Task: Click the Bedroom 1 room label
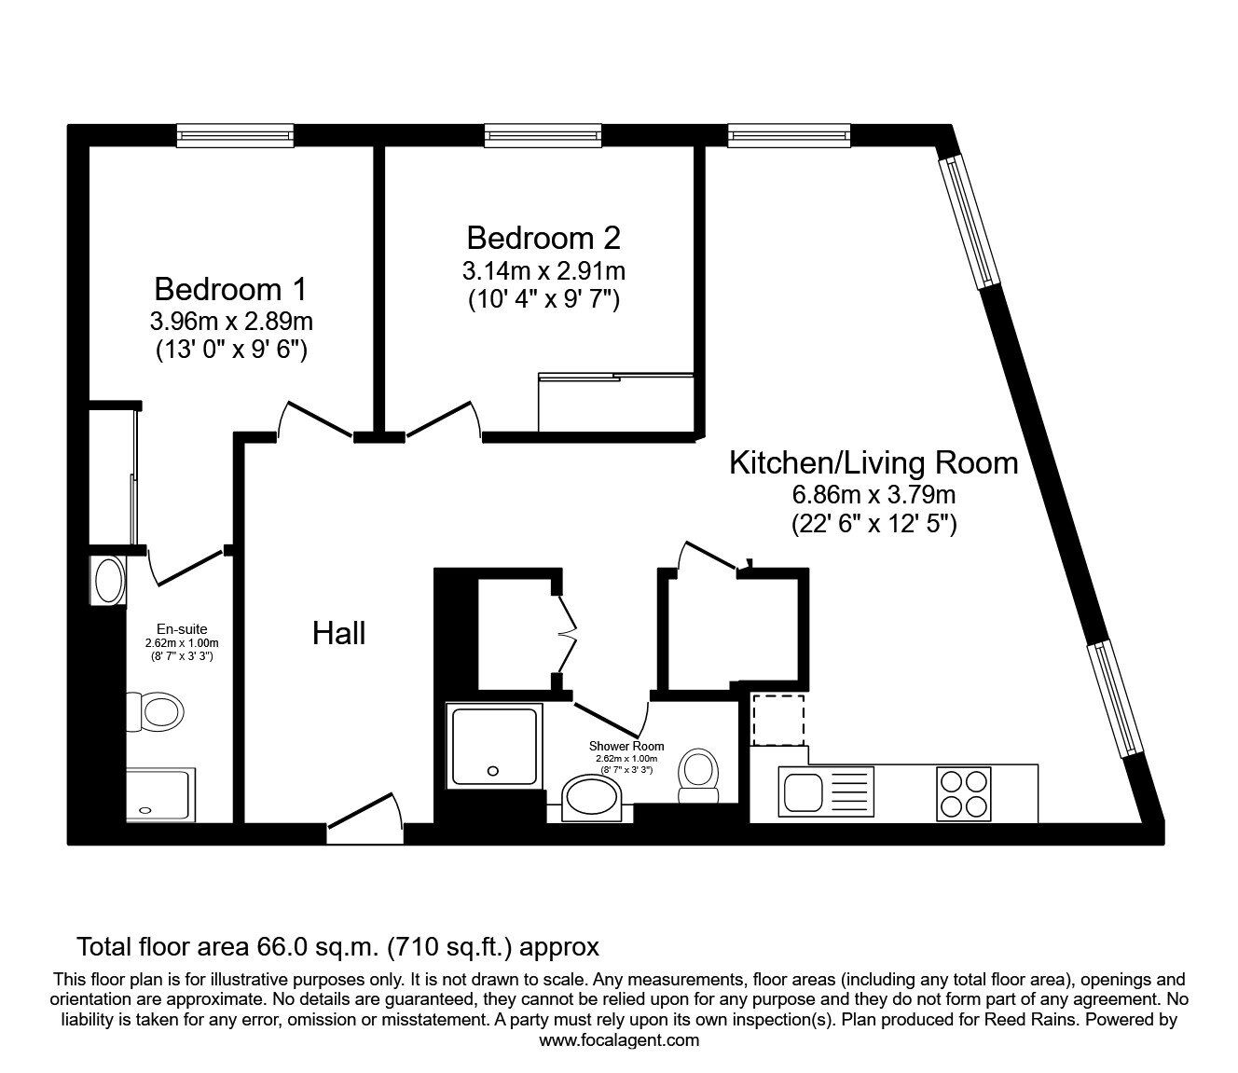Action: click(x=230, y=288)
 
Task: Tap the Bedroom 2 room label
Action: click(x=543, y=238)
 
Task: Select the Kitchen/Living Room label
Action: click(x=873, y=462)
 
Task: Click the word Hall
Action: click(x=338, y=634)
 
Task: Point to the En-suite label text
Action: click(x=182, y=629)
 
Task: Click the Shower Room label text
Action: click(x=626, y=746)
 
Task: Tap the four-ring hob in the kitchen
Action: click(x=963, y=792)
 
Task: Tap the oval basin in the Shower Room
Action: click(x=597, y=800)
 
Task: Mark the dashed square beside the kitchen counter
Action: click(x=778, y=720)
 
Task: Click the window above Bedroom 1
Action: click(x=235, y=136)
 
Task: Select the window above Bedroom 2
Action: click(x=542, y=136)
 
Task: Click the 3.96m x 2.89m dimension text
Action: click(x=230, y=322)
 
